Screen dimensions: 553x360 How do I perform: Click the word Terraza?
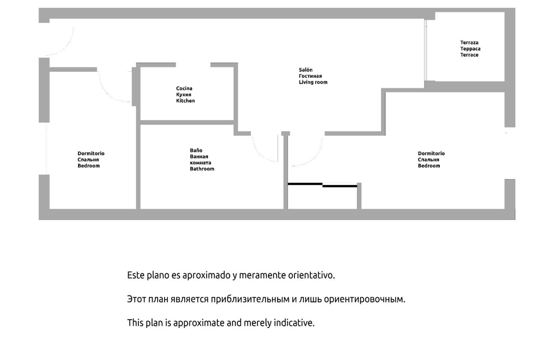(469, 42)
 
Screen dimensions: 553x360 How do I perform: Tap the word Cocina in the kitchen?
(184, 88)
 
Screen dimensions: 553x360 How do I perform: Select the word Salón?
(306, 70)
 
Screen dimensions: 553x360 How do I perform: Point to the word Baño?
(196, 150)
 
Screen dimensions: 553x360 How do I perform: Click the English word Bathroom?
(202, 169)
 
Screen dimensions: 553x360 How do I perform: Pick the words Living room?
(313, 82)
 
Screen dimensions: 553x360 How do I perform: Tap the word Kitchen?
(185, 101)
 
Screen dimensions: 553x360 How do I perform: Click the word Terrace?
(469, 55)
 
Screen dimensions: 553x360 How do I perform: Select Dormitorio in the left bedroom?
(91, 153)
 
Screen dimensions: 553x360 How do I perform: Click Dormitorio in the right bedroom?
(431, 153)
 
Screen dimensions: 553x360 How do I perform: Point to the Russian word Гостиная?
(310, 76)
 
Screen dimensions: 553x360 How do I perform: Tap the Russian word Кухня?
(183, 94)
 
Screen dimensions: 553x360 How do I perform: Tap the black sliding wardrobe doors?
(322, 185)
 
